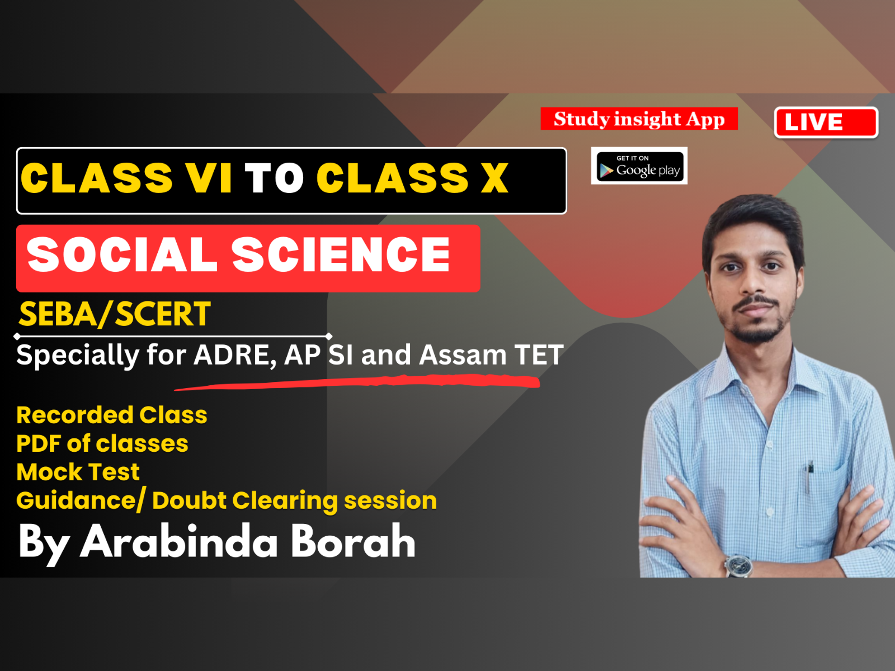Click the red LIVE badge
pos(826,122)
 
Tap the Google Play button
pos(639,166)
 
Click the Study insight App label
pos(639,119)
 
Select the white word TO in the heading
pos(274,179)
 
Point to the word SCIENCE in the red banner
pos(341,255)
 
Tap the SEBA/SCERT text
pos(115,314)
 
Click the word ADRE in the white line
pos(234,356)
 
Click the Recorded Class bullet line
pos(112,415)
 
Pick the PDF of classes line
pos(102,444)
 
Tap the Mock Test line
pos(78,472)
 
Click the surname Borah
pos(353,541)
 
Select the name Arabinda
pos(179,541)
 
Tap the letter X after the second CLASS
pos(494,179)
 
